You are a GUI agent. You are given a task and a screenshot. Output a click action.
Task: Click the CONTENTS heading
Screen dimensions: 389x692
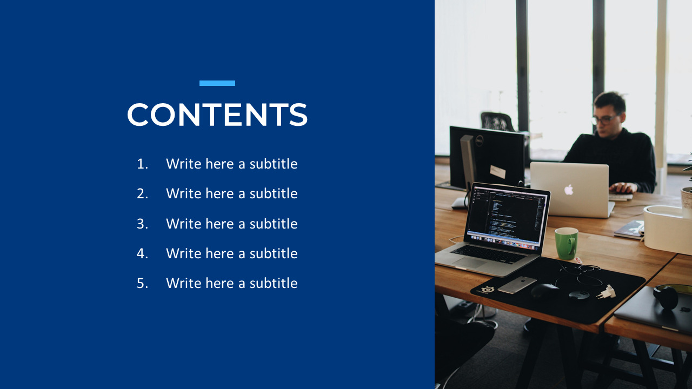pos(217,115)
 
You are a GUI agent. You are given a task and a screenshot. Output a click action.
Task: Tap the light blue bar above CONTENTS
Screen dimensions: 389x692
pos(217,83)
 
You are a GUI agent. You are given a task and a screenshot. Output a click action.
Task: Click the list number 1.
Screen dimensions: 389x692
pos(142,164)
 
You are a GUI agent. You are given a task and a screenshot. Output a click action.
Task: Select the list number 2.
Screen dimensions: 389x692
pos(142,193)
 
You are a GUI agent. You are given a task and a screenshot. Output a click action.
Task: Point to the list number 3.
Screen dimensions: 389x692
pos(142,224)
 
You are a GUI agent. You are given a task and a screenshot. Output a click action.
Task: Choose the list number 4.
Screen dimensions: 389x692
pos(142,253)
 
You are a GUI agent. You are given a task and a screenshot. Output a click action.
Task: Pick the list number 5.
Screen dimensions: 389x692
pos(142,283)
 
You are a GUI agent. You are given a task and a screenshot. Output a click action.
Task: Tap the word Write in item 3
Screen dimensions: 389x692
pos(184,224)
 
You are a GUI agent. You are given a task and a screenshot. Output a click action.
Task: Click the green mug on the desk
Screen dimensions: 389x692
pos(566,243)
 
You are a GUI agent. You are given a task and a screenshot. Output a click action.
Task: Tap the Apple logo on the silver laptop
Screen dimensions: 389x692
pos(569,190)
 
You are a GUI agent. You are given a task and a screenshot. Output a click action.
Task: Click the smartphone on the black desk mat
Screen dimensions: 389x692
pos(517,285)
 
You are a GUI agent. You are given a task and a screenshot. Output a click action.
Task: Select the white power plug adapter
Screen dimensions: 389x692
pos(607,292)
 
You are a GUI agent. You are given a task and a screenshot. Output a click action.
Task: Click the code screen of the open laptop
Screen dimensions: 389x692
pos(505,214)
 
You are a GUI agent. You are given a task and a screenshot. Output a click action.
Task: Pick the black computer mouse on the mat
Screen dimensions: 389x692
pos(544,291)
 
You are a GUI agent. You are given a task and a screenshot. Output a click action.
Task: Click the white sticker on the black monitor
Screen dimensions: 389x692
pos(497,172)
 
